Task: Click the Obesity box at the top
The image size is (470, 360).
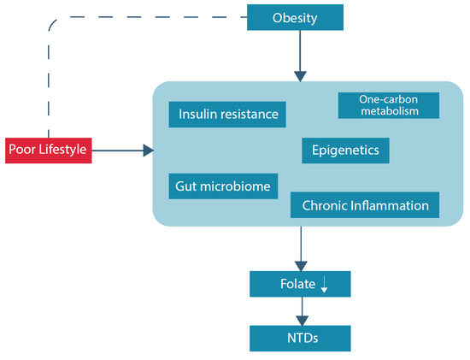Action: click(295, 17)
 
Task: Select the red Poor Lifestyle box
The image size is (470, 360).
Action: click(47, 150)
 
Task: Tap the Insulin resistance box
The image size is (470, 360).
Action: click(227, 115)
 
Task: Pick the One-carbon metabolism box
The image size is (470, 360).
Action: click(389, 105)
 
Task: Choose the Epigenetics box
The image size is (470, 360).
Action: click(346, 150)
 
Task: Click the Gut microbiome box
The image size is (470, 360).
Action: click(223, 186)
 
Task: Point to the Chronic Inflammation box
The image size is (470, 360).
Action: click(365, 205)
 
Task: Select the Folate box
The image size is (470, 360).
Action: click(299, 283)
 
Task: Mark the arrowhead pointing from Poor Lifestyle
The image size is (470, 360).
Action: click(149, 150)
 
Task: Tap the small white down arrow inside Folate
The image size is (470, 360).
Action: click(324, 285)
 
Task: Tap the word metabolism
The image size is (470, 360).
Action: click(389, 111)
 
